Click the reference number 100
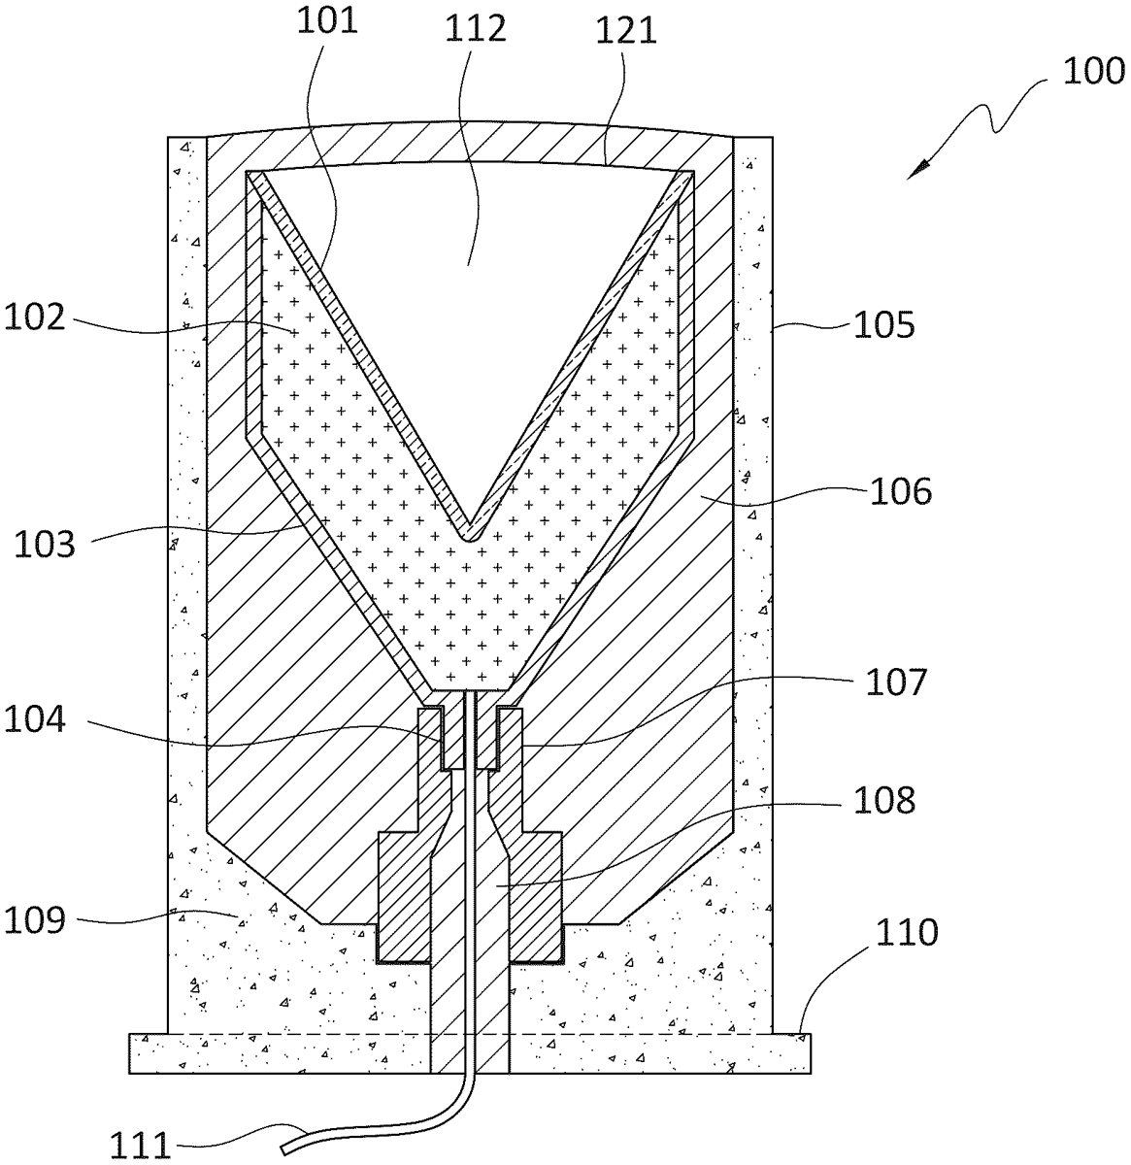(x=1093, y=73)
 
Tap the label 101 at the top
(x=327, y=20)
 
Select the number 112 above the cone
(x=476, y=27)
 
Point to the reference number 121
(x=626, y=30)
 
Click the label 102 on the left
(x=35, y=316)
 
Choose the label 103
(x=45, y=545)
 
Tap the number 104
(x=35, y=719)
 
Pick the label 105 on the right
(x=884, y=325)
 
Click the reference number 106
(x=901, y=491)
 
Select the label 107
(x=896, y=682)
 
